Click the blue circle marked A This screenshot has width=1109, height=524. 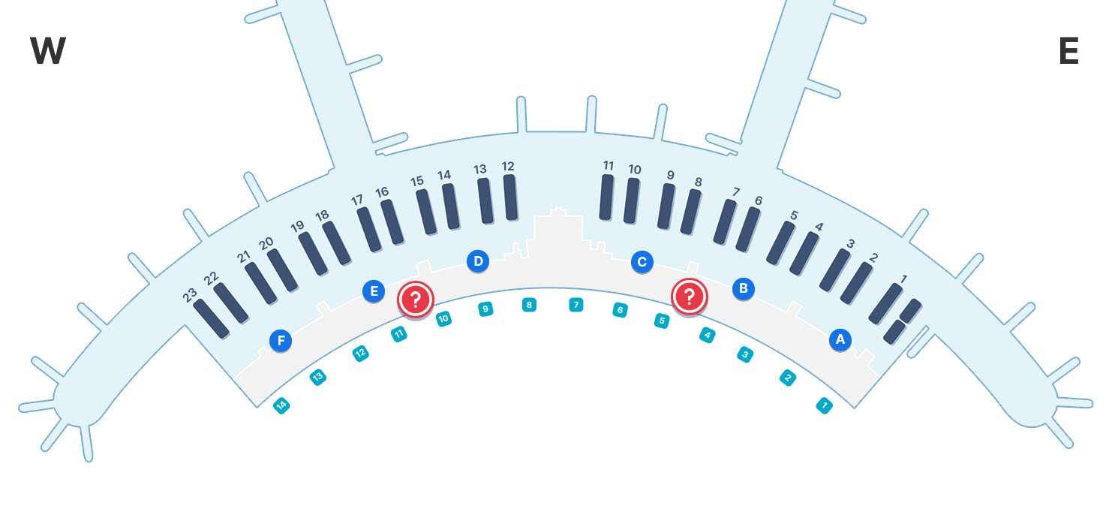click(840, 339)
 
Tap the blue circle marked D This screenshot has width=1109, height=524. click(477, 261)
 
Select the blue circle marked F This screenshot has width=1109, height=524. click(281, 342)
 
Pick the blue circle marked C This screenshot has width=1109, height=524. click(642, 261)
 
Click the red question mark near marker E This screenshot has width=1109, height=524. click(415, 300)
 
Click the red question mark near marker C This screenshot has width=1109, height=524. click(689, 296)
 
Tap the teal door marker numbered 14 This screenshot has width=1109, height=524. click(281, 406)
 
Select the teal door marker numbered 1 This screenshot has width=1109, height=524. click(824, 406)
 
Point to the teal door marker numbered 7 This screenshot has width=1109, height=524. click(576, 305)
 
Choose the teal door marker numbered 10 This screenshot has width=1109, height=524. click(443, 318)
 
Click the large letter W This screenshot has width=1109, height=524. click(48, 52)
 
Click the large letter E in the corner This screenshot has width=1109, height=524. click(1068, 52)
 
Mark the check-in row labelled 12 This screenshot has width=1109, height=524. click(510, 197)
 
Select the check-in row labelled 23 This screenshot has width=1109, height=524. click(211, 318)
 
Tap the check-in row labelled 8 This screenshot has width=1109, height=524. click(690, 212)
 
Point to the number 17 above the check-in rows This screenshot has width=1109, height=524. click(357, 200)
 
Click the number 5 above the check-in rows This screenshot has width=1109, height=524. click(794, 215)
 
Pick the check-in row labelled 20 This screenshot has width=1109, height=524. click(282, 270)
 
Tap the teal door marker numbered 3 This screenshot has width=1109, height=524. click(744, 354)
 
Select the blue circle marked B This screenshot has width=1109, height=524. click(743, 288)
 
